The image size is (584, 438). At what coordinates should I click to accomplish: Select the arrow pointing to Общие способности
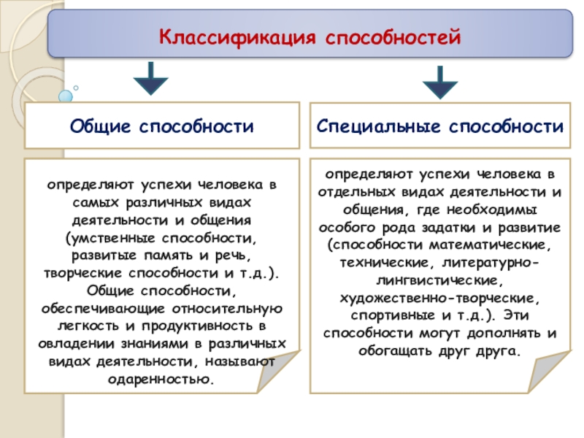point(151,78)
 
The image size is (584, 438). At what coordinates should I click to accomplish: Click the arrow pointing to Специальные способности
point(440,82)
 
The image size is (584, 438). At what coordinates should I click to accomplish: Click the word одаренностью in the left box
point(161,379)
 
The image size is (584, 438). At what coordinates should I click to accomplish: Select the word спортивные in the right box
point(387,315)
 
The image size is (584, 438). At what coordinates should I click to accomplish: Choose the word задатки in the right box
point(458,227)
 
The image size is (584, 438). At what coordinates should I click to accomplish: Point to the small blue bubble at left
point(66,96)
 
